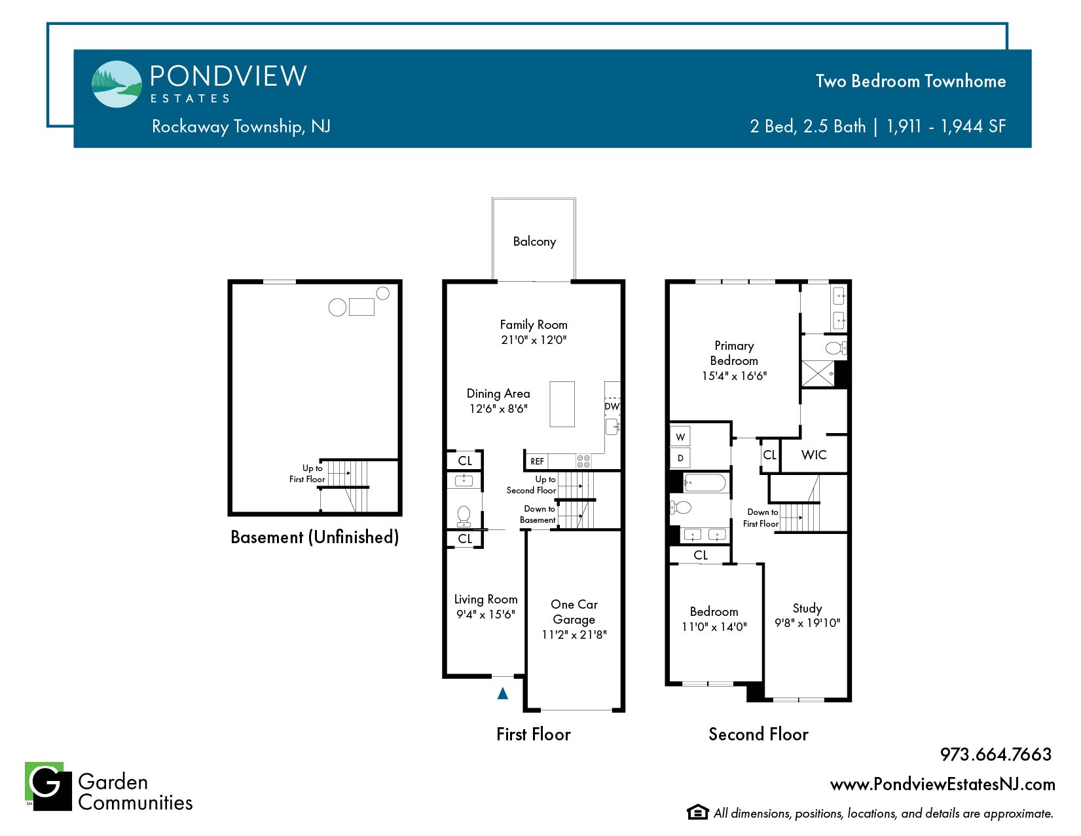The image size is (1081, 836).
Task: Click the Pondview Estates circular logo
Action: coord(117,84)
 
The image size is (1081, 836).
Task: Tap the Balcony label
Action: coord(534,242)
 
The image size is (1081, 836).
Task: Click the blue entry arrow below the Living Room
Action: coord(502,693)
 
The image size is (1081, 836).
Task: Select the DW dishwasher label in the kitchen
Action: coord(612,407)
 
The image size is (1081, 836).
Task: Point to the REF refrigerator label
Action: coord(537,461)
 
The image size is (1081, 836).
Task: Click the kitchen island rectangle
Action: coord(562,404)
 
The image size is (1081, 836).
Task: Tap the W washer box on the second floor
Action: coord(680,437)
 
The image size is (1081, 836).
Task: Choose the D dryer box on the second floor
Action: coord(680,458)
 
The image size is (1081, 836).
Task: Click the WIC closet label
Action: coord(813,455)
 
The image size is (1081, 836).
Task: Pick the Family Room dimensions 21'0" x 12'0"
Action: coord(533,340)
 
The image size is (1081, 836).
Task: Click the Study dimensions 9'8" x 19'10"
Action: coord(807,623)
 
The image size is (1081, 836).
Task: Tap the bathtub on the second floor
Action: coord(705,483)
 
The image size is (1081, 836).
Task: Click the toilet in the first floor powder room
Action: coord(464,516)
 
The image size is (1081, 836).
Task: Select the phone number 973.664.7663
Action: coord(995,755)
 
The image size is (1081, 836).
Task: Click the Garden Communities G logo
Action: coord(48,786)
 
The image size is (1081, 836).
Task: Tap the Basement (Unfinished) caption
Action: coord(314,537)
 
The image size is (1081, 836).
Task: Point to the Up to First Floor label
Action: coord(308,474)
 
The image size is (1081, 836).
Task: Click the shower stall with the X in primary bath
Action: coord(817,373)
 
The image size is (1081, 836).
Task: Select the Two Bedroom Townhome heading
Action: coord(910,81)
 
